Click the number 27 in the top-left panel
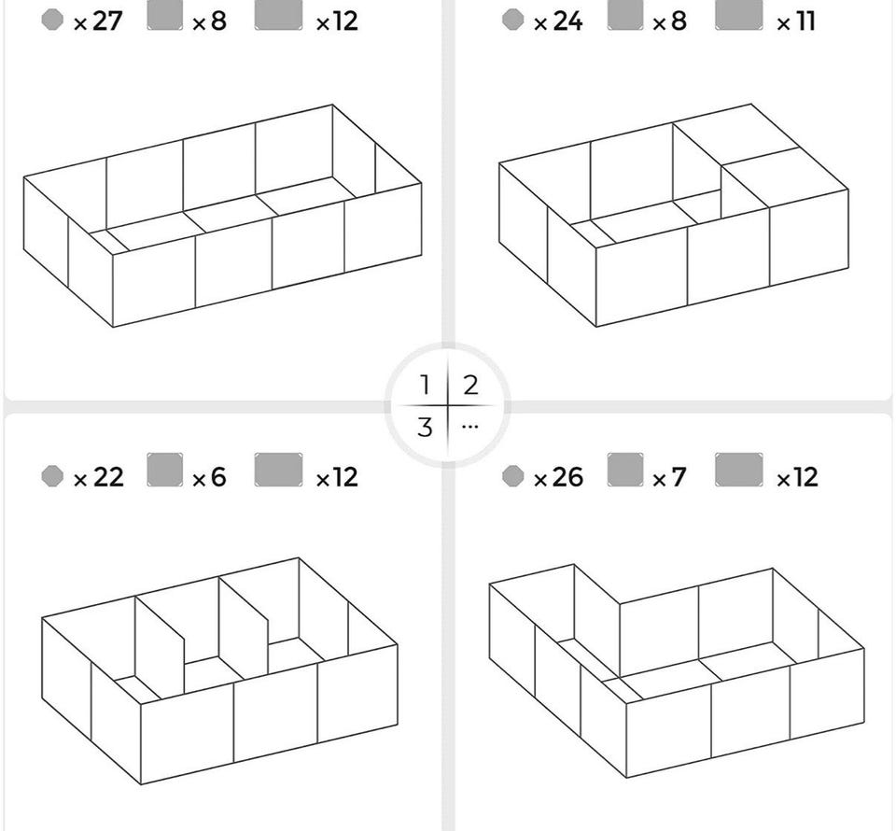106,21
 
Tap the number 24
567,21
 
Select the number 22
108,477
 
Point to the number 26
568,477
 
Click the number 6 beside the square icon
218,477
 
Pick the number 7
679,477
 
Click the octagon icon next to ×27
52,20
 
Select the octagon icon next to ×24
512,20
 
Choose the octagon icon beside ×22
52,476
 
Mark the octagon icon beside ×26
512,476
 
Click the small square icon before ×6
165,470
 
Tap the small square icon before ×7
625,470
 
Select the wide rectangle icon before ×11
739,14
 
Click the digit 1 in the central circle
425,386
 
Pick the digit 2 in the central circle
470,386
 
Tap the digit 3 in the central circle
425,427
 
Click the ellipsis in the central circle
469,427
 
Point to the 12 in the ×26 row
804,477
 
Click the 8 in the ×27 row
218,21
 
